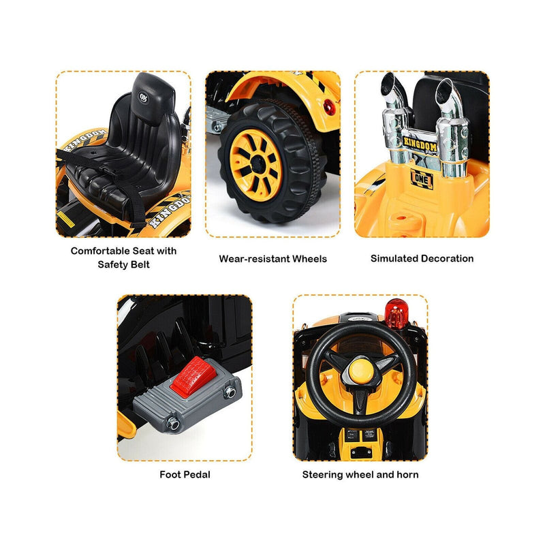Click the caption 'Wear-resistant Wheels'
pyautogui.click(x=272, y=259)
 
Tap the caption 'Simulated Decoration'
pyautogui.click(x=422, y=258)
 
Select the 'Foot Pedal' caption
pyautogui.click(x=185, y=474)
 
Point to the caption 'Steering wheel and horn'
pyautogui.click(x=360, y=474)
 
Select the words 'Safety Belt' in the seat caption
pyautogui.click(x=123, y=264)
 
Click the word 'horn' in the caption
pyautogui.click(x=407, y=474)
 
